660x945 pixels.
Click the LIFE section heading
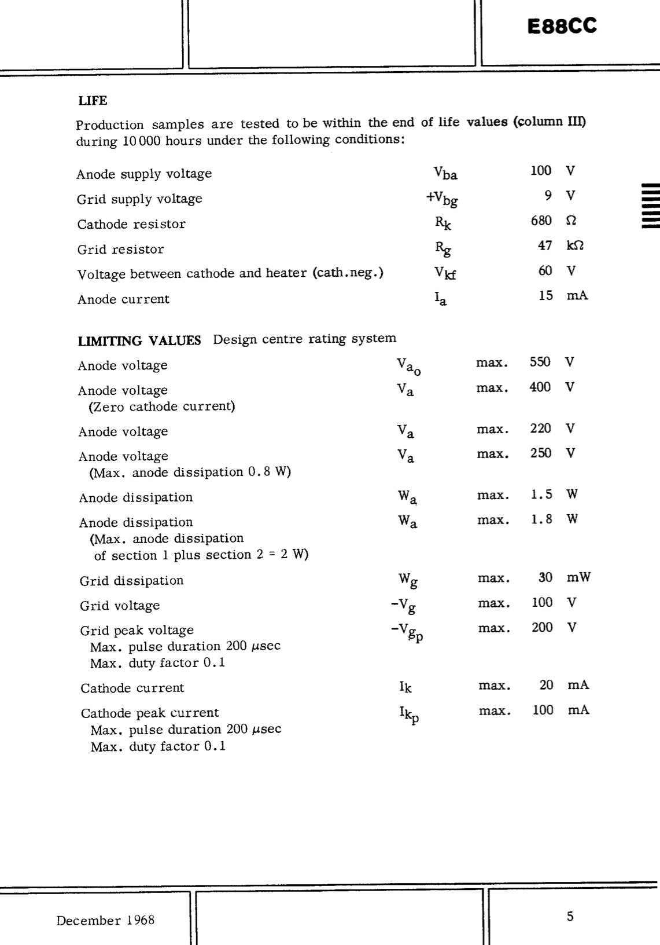[93, 101]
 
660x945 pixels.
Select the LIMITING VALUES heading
[139, 340]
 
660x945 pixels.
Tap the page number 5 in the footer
[570, 916]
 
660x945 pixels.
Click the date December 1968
[105, 920]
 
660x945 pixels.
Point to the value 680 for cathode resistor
[541, 221]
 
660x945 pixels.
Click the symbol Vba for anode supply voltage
[445, 173]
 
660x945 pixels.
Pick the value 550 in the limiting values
[540, 362]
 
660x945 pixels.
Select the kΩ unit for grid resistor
[575, 246]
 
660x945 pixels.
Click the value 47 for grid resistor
[545, 246]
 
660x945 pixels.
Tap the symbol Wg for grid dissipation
[407, 580]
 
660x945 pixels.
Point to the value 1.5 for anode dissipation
[541, 495]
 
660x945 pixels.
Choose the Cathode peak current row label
[150, 713]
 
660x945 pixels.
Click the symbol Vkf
[445, 272]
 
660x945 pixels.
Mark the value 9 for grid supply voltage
[548, 196]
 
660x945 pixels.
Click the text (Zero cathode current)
[162, 406]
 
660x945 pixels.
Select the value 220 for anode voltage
[541, 428]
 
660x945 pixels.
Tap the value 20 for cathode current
[546, 685]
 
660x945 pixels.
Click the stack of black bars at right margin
[650, 206]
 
